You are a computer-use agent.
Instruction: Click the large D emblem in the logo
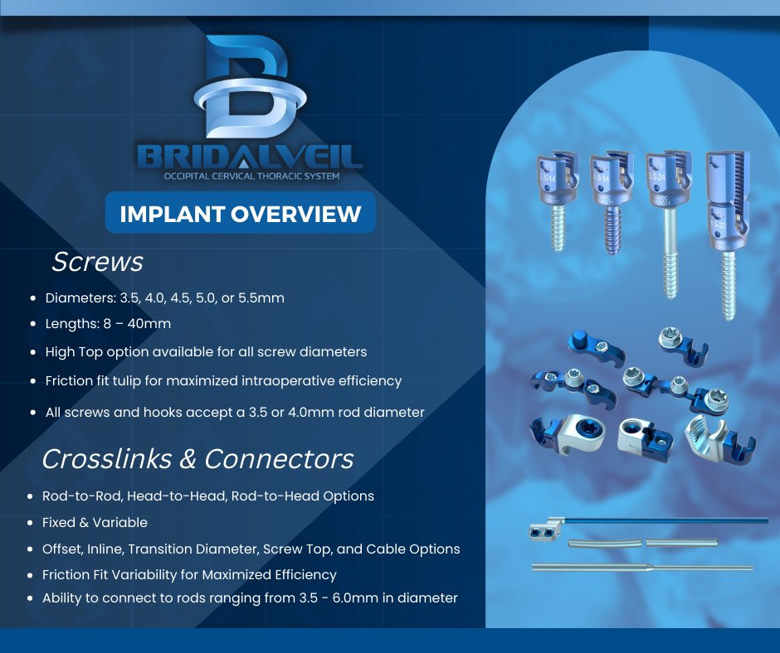point(240,87)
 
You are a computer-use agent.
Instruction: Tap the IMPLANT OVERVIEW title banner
point(241,214)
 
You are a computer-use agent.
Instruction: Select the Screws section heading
point(97,262)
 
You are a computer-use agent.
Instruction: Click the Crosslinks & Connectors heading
point(197,458)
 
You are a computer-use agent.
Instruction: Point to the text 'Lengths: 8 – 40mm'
point(108,324)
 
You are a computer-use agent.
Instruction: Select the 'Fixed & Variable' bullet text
point(95,522)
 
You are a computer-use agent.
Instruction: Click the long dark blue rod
point(664,521)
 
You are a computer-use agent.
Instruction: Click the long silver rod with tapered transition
point(643,568)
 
